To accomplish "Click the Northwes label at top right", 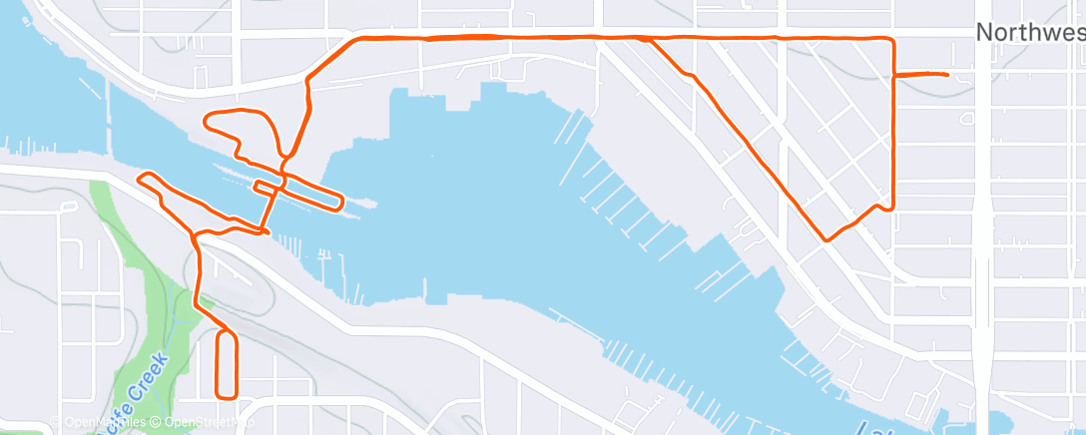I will (x=1029, y=33).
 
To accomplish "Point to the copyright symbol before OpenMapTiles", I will (x=56, y=422).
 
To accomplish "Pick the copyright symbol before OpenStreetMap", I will (x=157, y=422).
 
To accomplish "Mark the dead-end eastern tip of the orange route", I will (x=945, y=74).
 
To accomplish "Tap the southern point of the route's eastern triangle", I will (x=825, y=239).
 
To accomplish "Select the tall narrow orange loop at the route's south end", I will (x=227, y=364).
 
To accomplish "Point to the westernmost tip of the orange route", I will (x=139, y=180).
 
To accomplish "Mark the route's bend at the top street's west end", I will (x=351, y=41).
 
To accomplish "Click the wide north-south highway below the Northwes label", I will (x=982, y=249).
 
